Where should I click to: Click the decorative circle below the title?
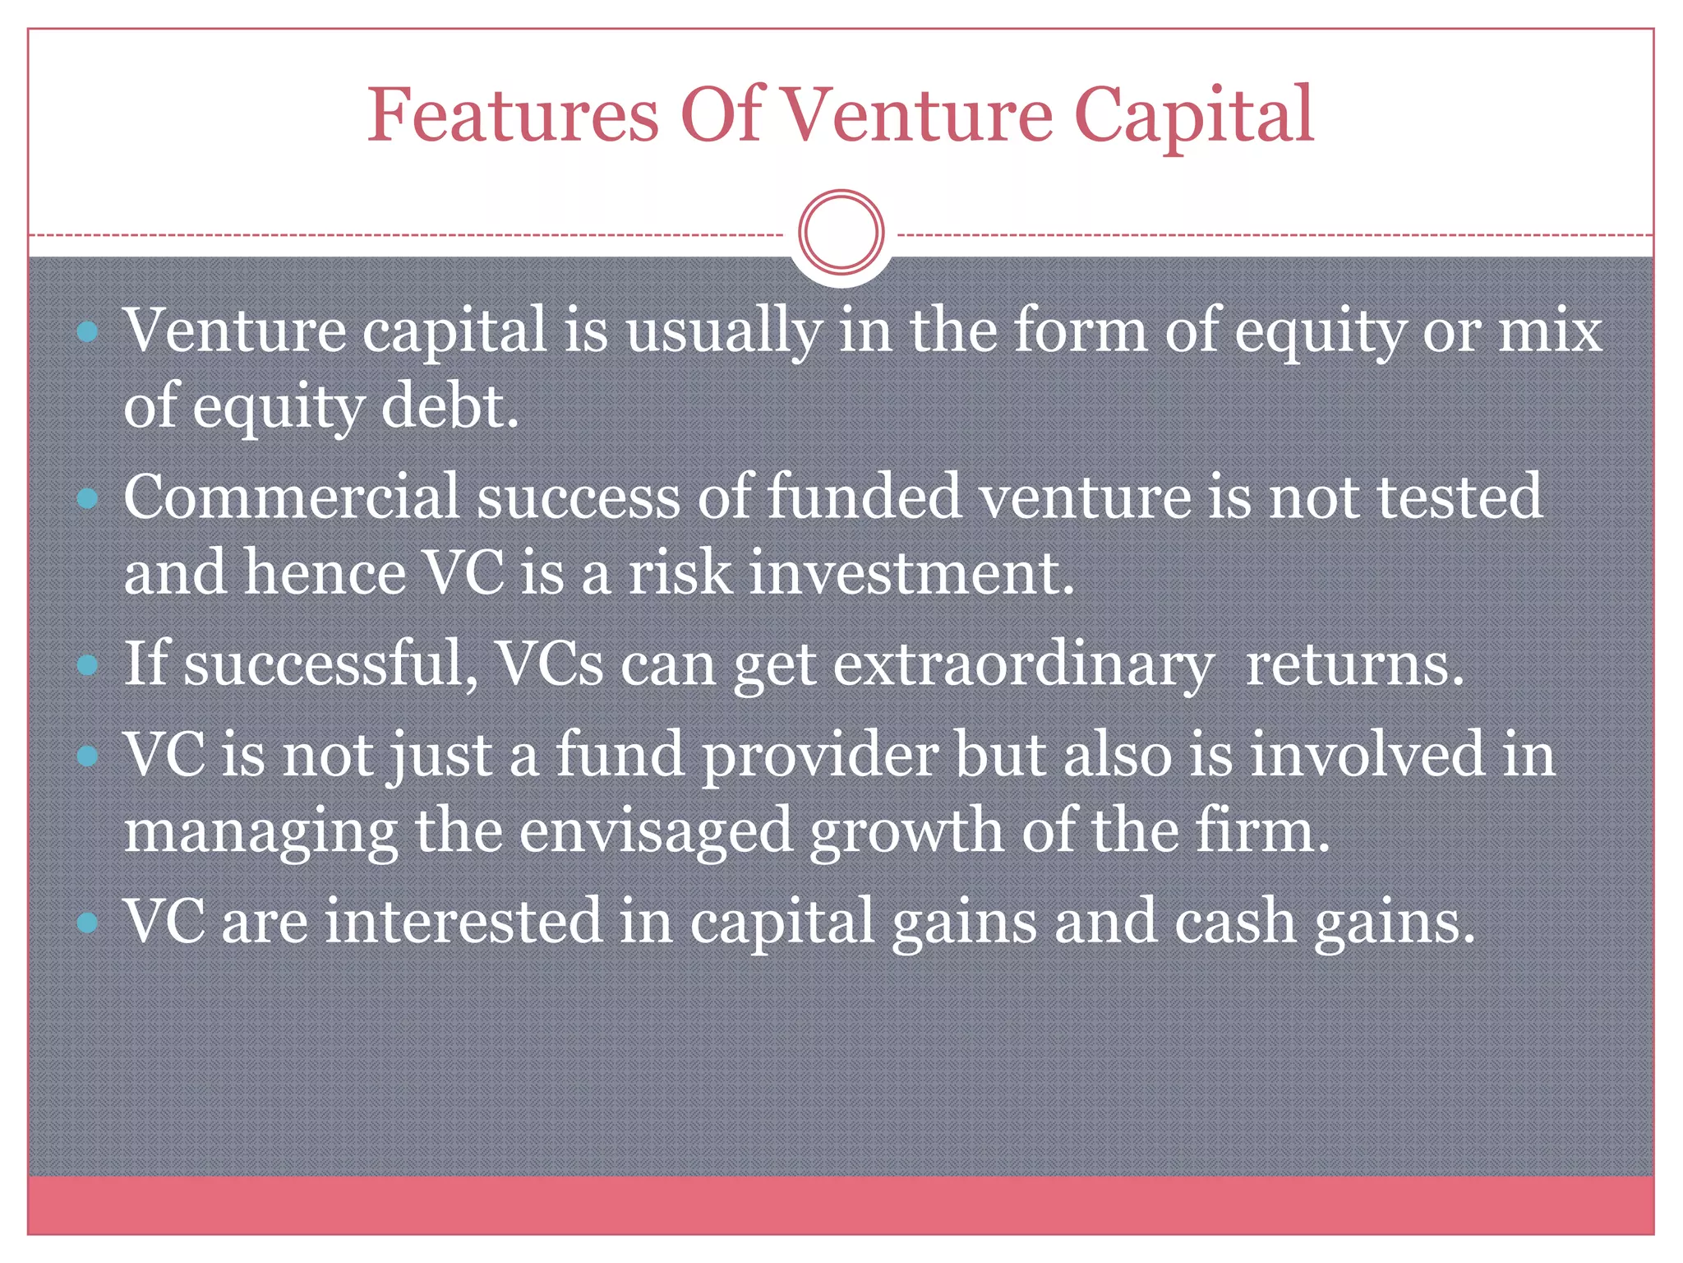pyautogui.click(x=841, y=232)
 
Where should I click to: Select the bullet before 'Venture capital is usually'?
pyautogui.click(x=87, y=332)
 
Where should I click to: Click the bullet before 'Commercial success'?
pyautogui.click(x=87, y=498)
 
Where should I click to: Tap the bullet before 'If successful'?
pyautogui.click(x=87, y=664)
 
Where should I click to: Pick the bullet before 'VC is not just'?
pyautogui.click(x=87, y=756)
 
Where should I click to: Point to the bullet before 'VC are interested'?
pyautogui.click(x=87, y=923)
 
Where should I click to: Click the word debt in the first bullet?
pyautogui.click(x=450, y=406)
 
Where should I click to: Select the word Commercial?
pyautogui.click(x=291, y=497)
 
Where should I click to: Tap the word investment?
pyautogui.click(x=911, y=572)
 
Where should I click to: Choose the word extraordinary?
pyautogui.click(x=1023, y=664)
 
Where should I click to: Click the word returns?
pyautogui.click(x=1355, y=664)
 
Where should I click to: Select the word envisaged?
pyautogui.click(x=655, y=832)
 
